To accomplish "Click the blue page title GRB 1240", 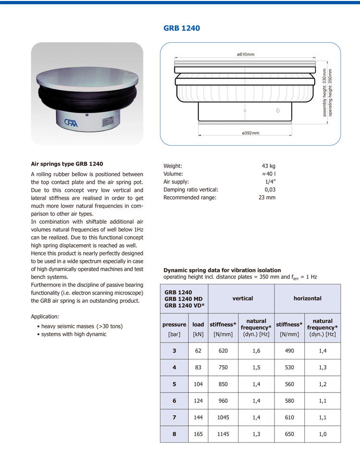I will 181,28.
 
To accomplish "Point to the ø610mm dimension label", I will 245,54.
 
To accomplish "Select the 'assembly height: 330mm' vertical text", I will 325,92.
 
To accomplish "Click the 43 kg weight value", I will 268,166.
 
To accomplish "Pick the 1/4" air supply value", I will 270,182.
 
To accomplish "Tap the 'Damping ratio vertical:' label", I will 191,190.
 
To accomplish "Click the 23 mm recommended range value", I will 267,197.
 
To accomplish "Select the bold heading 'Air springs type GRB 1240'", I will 67,164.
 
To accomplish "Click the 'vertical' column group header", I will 242,299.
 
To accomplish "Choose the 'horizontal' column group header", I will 307,299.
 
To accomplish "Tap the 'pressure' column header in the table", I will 174,324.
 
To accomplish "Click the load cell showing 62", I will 198,351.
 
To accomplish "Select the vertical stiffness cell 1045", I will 223,418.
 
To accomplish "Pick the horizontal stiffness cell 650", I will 289,434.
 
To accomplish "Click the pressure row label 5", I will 174,384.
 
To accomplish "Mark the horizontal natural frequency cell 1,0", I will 322,434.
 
